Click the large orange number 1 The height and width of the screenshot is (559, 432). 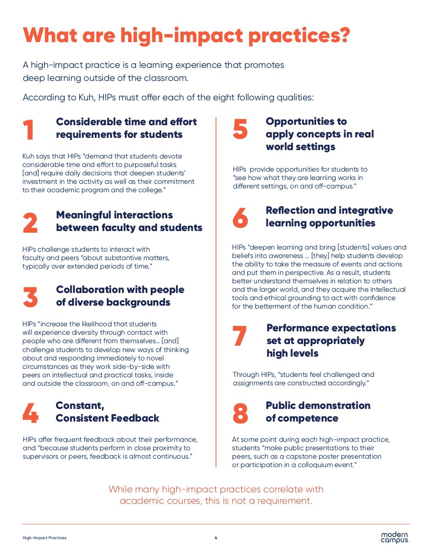29,130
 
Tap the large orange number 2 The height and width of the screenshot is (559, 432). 30,223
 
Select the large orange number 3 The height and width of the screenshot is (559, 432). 30,297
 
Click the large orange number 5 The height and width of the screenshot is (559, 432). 240,129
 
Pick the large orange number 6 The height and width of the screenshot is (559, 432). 240,218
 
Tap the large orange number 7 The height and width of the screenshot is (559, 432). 240,336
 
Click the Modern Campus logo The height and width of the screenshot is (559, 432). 395,537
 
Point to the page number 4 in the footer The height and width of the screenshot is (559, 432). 216,537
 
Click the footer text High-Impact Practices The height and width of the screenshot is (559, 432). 44,538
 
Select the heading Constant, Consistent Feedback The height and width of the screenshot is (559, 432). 107,412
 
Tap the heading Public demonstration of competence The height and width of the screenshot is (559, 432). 318,412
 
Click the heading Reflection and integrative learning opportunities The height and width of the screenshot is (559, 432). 329,217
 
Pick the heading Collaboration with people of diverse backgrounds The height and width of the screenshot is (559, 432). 120,296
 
